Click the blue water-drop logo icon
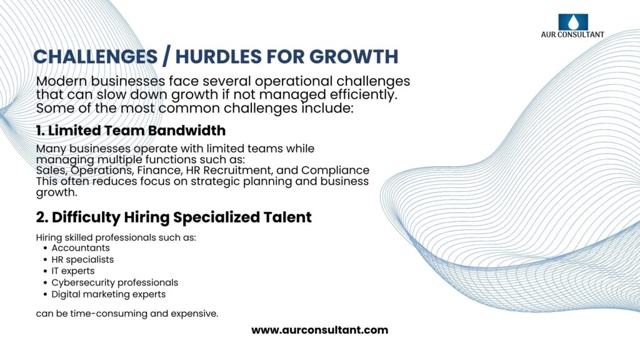click(x=573, y=22)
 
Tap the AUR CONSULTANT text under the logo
click(x=572, y=35)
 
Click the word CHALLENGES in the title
click(x=96, y=57)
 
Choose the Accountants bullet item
click(x=81, y=248)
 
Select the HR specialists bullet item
click(x=82, y=259)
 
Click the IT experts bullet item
click(x=73, y=271)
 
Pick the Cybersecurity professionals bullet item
click(x=115, y=282)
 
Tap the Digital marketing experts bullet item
click(x=109, y=294)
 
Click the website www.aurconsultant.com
click(x=319, y=330)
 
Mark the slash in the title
click(x=166, y=57)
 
